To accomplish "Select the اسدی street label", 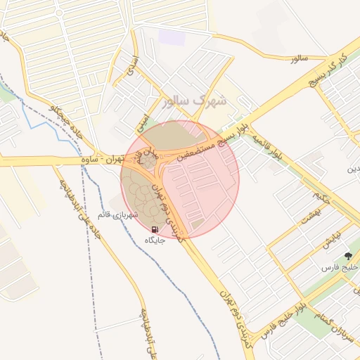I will click(x=130, y=65).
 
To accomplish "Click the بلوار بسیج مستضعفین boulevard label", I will click(x=211, y=141).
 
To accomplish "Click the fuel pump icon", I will click(x=155, y=229).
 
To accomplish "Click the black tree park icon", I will click(x=347, y=257).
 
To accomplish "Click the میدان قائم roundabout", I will click(x=149, y=161).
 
